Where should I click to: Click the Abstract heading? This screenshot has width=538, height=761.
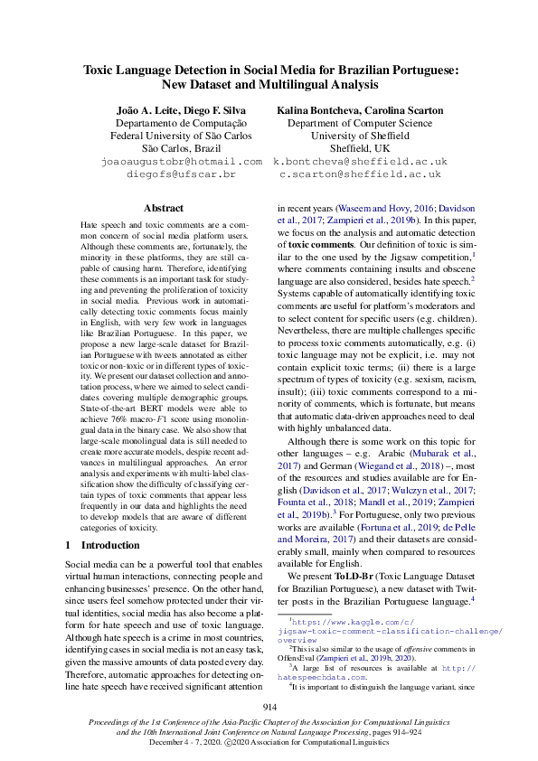coord(164,208)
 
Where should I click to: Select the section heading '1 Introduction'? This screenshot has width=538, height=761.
coord(102,546)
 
